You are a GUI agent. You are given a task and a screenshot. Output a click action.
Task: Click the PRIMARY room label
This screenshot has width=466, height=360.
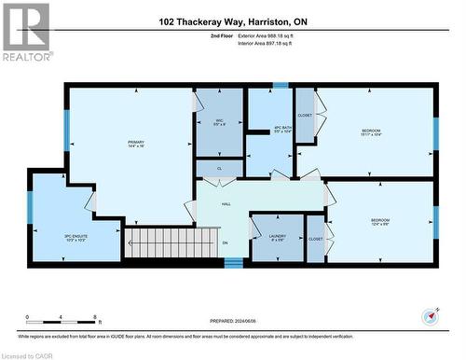(135, 144)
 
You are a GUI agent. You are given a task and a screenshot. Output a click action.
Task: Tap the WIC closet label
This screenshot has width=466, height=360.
(220, 121)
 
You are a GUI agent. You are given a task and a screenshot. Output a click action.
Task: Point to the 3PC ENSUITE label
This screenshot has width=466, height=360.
(76, 237)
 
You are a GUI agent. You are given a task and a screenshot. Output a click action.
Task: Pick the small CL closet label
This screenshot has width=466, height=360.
(219, 169)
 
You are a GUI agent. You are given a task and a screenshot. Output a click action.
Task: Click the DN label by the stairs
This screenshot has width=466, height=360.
(225, 243)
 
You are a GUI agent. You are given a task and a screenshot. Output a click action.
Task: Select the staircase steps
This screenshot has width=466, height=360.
(160, 244)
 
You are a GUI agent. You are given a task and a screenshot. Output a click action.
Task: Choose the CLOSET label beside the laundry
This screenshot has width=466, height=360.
(315, 239)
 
